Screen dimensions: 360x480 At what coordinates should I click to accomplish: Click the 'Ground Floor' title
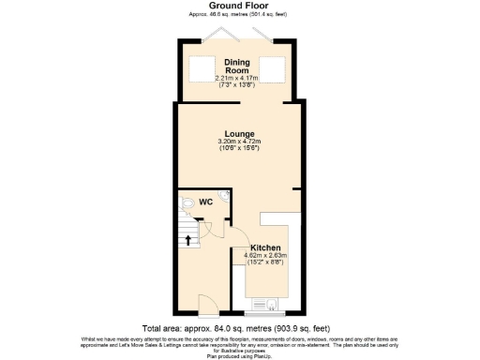(239, 6)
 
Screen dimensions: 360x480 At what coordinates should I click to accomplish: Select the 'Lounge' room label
(239, 134)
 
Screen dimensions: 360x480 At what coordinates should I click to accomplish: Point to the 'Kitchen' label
(265, 247)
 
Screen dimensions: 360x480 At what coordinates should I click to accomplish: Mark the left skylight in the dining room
(202, 68)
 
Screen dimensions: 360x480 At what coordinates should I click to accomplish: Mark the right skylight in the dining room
(272, 68)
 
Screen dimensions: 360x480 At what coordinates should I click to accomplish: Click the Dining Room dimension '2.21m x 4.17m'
(236, 77)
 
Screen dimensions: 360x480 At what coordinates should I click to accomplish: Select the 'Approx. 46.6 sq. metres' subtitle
(239, 15)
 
